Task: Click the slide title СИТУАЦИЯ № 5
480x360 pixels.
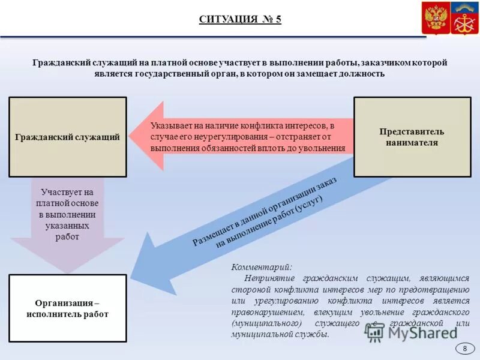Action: click(240, 19)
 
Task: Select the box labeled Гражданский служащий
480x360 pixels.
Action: click(68, 137)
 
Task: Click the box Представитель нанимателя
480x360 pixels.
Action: click(412, 137)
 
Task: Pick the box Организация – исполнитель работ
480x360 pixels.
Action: click(68, 308)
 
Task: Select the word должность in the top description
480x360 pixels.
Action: click(363, 74)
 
